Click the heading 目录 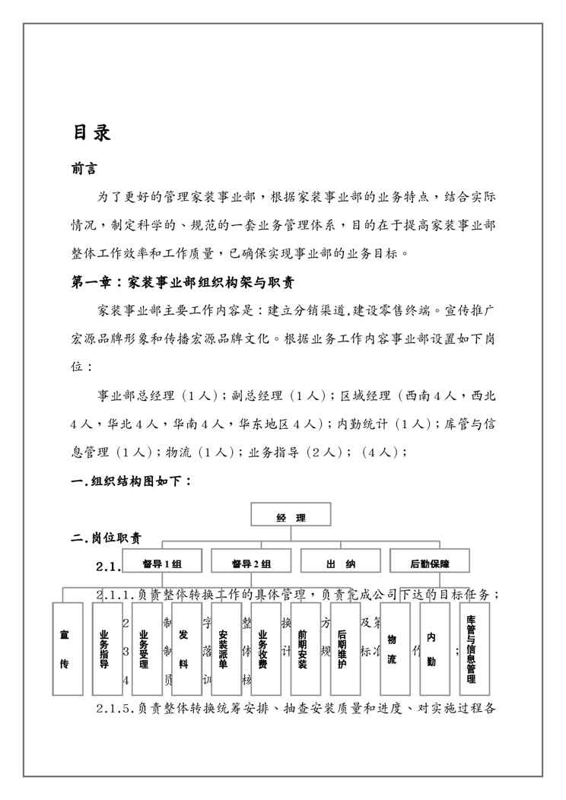click(x=92, y=132)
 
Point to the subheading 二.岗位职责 click(x=106, y=538)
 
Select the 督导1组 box click(x=162, y=563)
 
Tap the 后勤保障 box click(x=429, y=563)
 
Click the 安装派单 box click(x=224, y=649)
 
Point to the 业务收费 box click(x=264, y=649)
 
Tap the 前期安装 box click(x=304, y=649)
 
